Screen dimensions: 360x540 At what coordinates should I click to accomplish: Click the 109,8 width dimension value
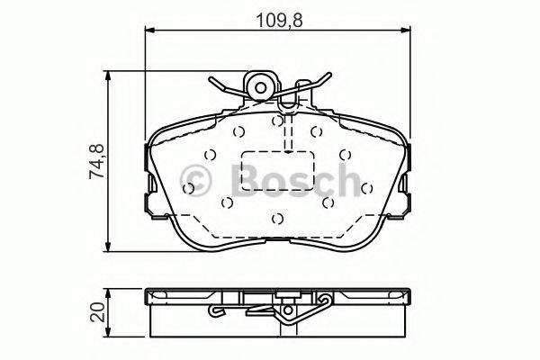pyautogui.click(x=279, y=15)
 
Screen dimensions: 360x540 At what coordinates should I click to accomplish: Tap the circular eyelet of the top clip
pyautogui.click(x=262, y=87)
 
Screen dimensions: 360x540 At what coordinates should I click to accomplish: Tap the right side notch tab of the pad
pyautogui.click(x=406, y=193)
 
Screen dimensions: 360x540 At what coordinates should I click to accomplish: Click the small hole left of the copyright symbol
pyautogui.click(x=188, y=188)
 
